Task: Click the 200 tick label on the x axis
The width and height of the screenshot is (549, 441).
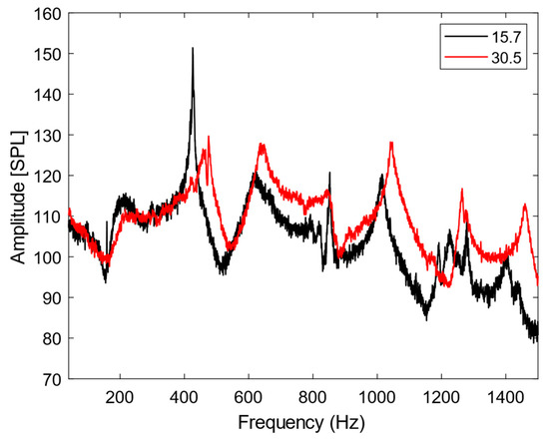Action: click(x=121, y=394)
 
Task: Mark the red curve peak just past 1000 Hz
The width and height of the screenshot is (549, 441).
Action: click(x=391, y=143)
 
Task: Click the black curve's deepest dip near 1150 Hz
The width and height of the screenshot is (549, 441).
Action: click(x=426, y=317)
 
